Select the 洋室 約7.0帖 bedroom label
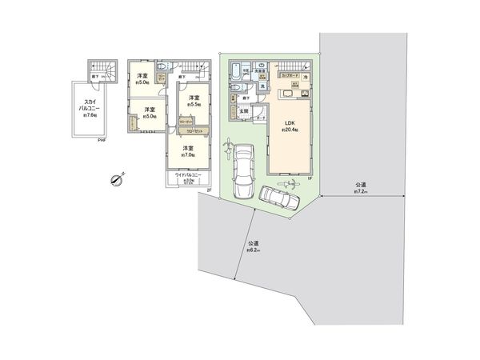click(x=187, y=151)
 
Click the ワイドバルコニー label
click(x=190, y=175)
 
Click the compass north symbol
click(x=118, y=180)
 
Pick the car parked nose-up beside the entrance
click(x=242, y=168)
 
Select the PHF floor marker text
click(x=102, y=142)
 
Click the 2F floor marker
click(x=207, y=190)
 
